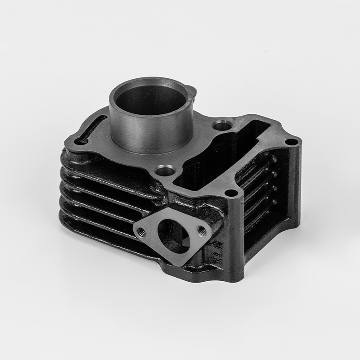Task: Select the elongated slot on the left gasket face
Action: pyautogui.click(x=91, y=130)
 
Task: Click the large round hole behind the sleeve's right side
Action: pyautogui.click(x=221, y=124)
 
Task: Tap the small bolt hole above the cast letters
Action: pyautogui.click(x=230, y=193)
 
